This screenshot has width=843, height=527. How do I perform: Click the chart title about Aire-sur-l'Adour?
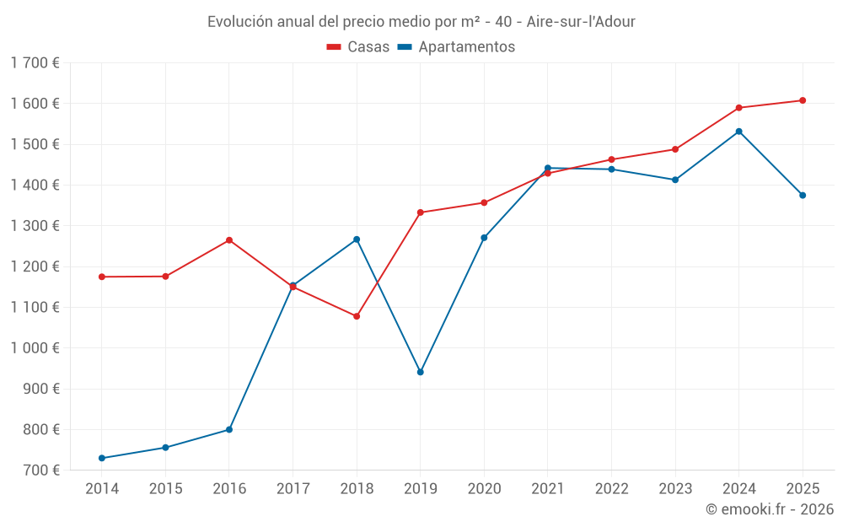[x=421, y=21]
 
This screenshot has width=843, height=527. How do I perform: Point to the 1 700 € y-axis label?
[x=35, y=62]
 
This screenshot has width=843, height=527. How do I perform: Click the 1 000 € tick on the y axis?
[x=35, y=348]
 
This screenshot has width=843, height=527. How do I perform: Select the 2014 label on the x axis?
[x=102, y=488]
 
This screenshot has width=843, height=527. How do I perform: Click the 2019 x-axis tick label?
[x=420, y=488]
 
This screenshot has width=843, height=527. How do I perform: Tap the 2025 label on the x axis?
[x=802, y=488]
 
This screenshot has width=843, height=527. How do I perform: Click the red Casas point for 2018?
[x=357, y=316]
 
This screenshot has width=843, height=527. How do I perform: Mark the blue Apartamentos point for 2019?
[x=420, y=372]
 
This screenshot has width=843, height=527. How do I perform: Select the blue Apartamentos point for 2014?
[x=102, y=458]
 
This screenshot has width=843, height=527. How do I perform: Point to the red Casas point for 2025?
[x=803, y=100]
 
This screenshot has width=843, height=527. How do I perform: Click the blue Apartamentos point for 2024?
[x=738, y=132]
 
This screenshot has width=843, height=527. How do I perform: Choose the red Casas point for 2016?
[x=229, y=240]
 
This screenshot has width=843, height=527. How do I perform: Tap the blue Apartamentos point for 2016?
[x=229, y=429]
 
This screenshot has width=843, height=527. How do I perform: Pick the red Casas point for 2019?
[x=420, y=212]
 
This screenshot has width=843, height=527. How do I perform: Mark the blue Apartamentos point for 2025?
[x=803, y=195]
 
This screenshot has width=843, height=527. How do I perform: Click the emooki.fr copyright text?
[x=769, y=509]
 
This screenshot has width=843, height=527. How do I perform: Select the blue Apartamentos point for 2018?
[x=357, y=239]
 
